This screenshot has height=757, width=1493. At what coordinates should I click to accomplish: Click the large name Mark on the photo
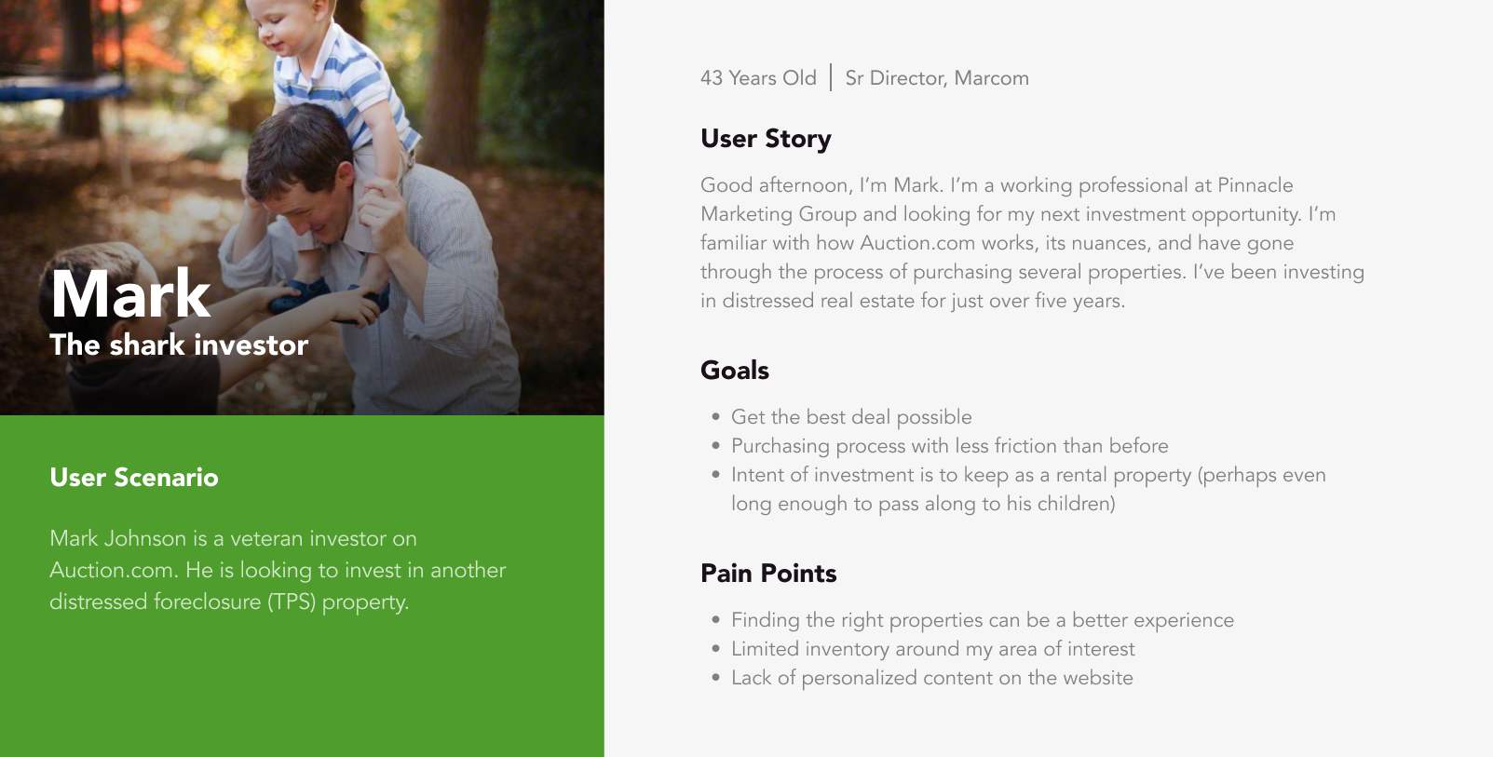click(130, 294)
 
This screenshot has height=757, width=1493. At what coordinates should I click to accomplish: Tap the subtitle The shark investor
click(179, 345)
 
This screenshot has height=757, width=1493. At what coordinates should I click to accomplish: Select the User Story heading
click(766, 139)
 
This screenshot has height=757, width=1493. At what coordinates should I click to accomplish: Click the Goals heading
click(735, 371)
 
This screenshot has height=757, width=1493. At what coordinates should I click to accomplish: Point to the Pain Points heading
click(768, 574)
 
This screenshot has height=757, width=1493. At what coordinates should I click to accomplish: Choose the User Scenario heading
click(134, 478)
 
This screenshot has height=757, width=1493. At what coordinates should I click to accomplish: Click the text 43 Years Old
click(758, 78)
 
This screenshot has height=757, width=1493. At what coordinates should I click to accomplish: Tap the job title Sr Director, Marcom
click(937, 78)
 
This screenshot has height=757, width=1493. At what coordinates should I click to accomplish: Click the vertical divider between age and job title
click(831, 77)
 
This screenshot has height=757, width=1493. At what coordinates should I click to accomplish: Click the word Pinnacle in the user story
click(1255, 185)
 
